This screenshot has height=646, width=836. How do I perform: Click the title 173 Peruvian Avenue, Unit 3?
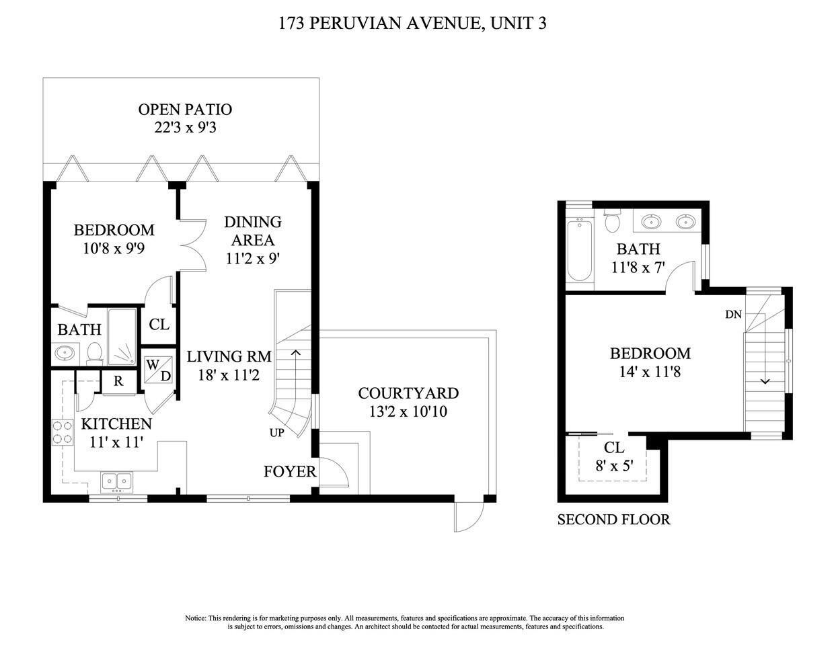[x=412, y=24]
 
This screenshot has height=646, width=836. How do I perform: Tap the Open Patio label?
[x=185, y=110]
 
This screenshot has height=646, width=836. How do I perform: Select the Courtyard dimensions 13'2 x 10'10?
[x=408, y=411]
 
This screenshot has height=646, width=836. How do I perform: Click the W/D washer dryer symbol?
[x=158, y=370]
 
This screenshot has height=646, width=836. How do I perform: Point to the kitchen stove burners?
[x=62, y=432]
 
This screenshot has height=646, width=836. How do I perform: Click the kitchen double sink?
[x=117, y=481]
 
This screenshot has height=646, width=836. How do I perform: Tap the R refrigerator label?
[x=118, y=381]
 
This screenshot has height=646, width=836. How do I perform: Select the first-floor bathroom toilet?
[x=94, y=353]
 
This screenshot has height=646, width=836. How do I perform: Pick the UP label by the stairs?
[x=277, y=433]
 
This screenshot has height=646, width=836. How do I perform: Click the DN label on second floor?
[x=733, y=315]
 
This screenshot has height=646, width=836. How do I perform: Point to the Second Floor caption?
[x=613, y=520]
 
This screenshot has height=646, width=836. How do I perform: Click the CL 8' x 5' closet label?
[x=613, y=456]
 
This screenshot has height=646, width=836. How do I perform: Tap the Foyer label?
[x=289, y=472]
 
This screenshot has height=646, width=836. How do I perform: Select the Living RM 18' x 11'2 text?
[x=229, y=366]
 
